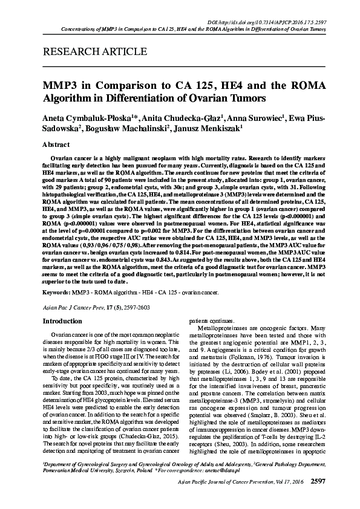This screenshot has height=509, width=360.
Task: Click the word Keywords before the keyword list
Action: pos(56,291)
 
